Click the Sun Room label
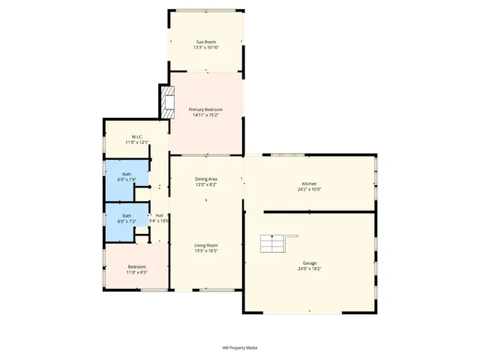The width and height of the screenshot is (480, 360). click(205, 41)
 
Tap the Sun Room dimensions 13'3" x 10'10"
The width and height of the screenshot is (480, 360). click(205, 47)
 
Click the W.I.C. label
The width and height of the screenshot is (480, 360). click(127, 136)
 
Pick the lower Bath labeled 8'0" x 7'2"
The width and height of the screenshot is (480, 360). click(127, 218)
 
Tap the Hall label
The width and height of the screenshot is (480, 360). click(159, 215)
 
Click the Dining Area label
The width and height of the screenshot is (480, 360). click(206, 178)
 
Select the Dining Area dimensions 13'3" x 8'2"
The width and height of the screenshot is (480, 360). click(206, 184)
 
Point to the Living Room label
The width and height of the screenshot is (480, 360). click(206, 245)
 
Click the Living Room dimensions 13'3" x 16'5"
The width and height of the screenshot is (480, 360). click(206, 251)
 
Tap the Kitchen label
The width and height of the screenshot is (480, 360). click(310, 184)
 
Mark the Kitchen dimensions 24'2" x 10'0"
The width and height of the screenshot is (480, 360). click(310, 190)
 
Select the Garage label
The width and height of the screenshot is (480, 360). click(310, 262)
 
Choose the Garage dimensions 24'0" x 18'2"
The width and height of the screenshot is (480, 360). click(310, 268)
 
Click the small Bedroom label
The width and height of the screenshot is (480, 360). click(136, 267)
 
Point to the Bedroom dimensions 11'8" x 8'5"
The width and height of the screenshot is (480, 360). click(136, 273)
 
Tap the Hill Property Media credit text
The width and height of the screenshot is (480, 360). click(240, 348)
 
